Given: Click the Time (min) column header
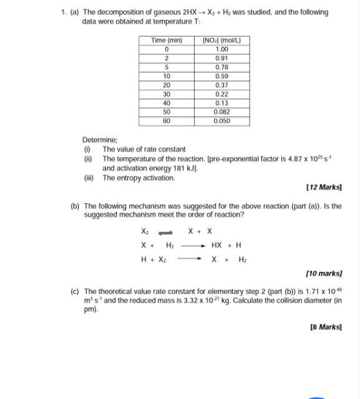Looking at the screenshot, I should point(167,41).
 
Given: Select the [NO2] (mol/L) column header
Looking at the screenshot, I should point(221,41).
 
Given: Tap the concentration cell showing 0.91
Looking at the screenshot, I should point(221,58).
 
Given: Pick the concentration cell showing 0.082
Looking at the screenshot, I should point(221,112).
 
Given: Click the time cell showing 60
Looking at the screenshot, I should point(167,121).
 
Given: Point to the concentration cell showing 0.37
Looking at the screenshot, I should point(221,85).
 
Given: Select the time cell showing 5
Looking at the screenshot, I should point(167,67).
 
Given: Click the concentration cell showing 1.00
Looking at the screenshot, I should point(221,49).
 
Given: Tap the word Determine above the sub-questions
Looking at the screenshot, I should point(99,140).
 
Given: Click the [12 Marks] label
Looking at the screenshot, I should point(324,187).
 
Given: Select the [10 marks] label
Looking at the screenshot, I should point(324,274).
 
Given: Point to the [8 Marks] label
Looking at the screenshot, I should point(326,327).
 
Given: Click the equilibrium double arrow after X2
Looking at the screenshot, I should point(165,231).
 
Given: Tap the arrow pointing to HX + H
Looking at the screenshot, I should point(193,246).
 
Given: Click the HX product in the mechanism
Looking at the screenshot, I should point(216,245).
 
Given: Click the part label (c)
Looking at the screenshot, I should point(75,291).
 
